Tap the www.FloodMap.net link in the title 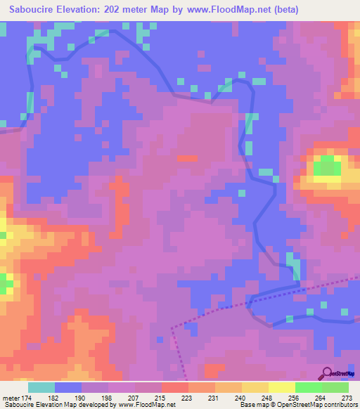pos(229,9)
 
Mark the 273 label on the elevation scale pos(347,397)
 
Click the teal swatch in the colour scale pos(41,387)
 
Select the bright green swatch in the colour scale pos(309,387)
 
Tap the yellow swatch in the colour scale pos(255,387)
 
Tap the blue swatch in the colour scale pos(68,387)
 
